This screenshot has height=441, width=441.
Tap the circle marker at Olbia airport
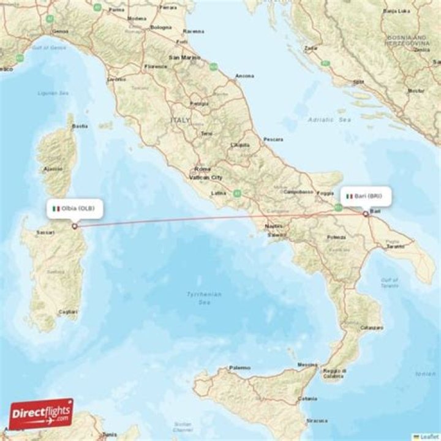tap(75, 226)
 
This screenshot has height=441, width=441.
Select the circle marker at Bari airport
tap(366, 214)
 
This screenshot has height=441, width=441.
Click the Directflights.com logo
tap(41, 413)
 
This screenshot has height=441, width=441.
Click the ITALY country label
tap(181, 121)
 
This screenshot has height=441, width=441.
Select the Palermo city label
tap(239, 367)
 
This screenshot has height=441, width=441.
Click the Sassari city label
tap(45, 233)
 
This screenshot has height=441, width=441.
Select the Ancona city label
tap(244, 76)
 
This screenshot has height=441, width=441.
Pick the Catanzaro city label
tap(371, 328)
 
